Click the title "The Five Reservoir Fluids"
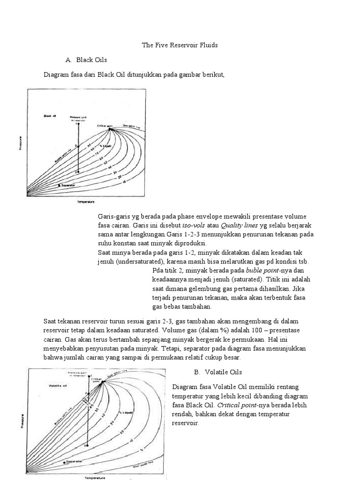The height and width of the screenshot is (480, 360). [x=180, y=45]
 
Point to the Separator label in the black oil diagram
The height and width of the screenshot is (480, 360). [x=67, y=186]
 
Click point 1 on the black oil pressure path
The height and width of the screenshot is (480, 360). [x=78, y=124]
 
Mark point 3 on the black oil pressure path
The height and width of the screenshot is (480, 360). [x=78, y=172]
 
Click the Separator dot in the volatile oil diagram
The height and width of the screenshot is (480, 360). [x=64, y=462]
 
